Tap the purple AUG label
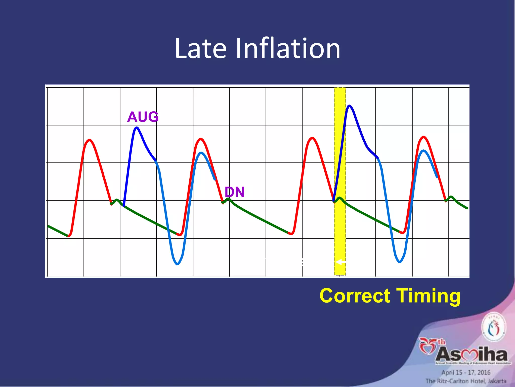coord(143,117)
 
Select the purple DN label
coord(234,192)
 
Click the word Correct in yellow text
coord(355,296)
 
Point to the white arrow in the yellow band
coord(340,262)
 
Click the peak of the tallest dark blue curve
coord(349,106)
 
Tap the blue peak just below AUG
coord(137,127)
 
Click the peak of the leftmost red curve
coord(90,140)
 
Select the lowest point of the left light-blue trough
coord(177,264)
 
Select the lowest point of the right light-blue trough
coord(400,262)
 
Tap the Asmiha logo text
coord(471,354)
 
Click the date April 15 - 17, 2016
coord(466,372)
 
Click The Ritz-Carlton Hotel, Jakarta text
coord(466,381)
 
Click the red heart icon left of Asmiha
coord(427,347)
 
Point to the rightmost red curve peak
coord(424,137)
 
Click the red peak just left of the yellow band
coord(312,138)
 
